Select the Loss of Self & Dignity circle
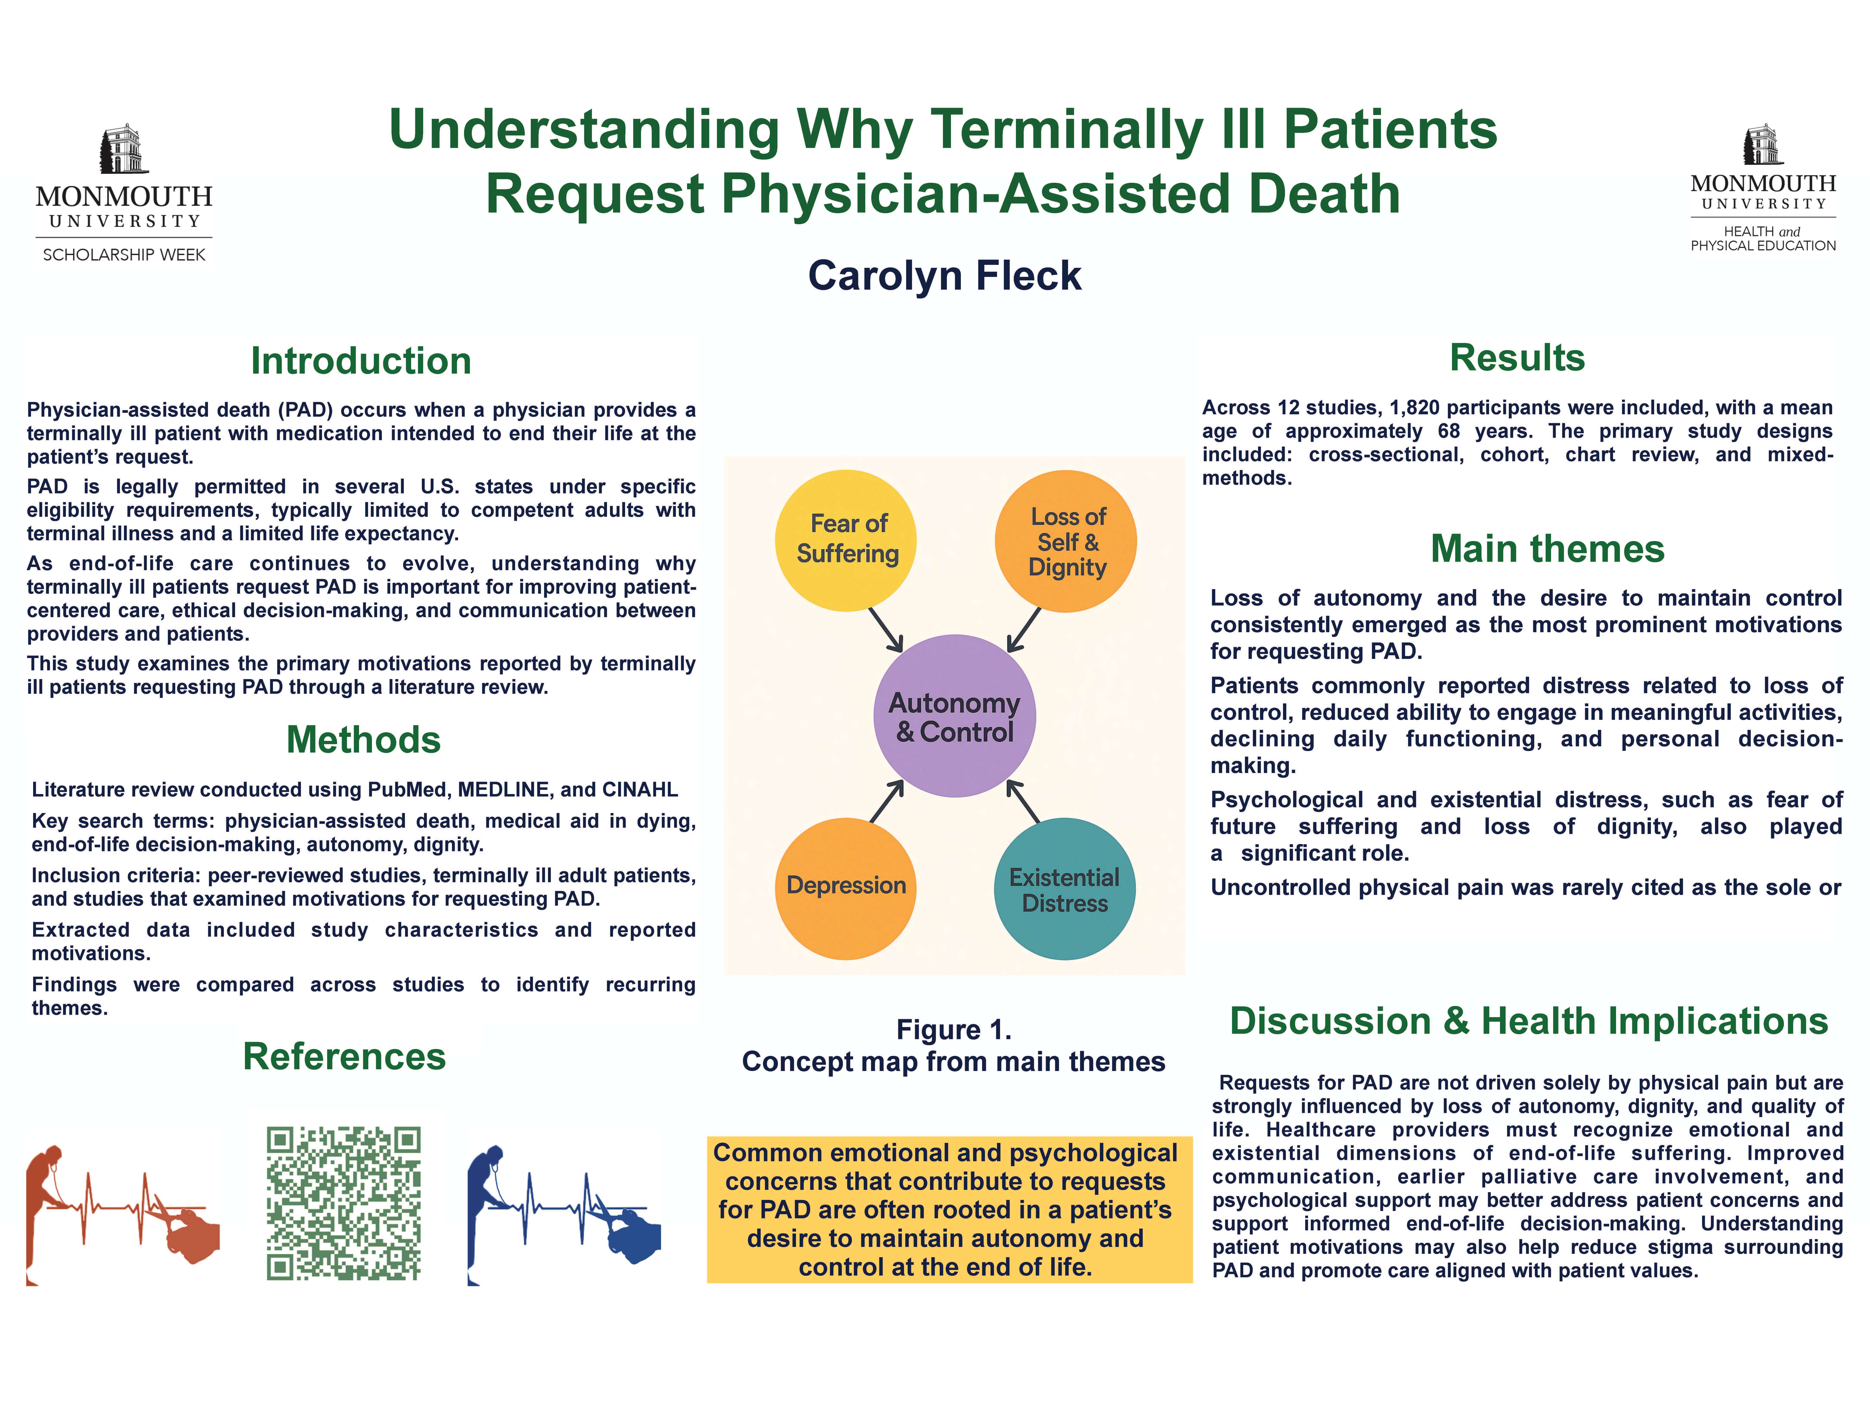(x=1066, y=541)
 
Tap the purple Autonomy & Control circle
(x=954, y=715)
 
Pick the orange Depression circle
(x=845, y=888)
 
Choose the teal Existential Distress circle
(x=1064, y=889)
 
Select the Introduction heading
(x=361, y=361)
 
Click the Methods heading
(x=364, y=740)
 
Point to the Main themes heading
(x=1547, y=549)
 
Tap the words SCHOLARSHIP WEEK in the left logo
(x=124, y=255)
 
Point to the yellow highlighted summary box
(x=949, y=1209)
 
